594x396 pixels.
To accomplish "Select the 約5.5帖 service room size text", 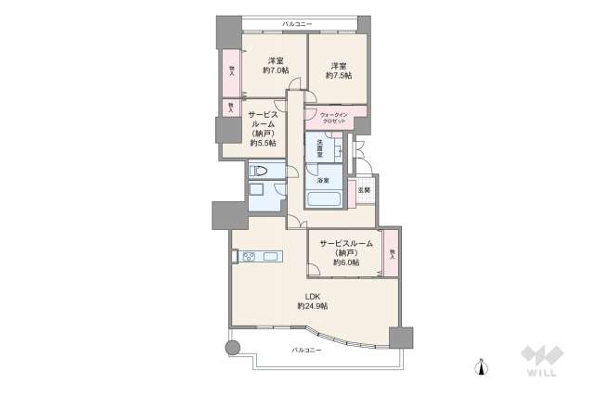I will tap(263, 143).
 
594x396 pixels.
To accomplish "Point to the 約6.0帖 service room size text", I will tap(346, 262).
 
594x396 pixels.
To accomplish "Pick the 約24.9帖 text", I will tap(313, 306).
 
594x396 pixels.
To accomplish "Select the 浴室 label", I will tap(322, 180).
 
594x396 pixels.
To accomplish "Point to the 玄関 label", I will tap(365, 190).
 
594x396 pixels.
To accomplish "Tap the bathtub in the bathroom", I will tap(324, 199).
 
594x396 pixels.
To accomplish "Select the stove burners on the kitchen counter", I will tap(247, 257).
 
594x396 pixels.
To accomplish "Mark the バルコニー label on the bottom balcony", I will tap(306, 350).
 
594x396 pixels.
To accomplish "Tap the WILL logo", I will tap(539, 362).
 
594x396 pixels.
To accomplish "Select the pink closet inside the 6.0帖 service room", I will tap(393, 252).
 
